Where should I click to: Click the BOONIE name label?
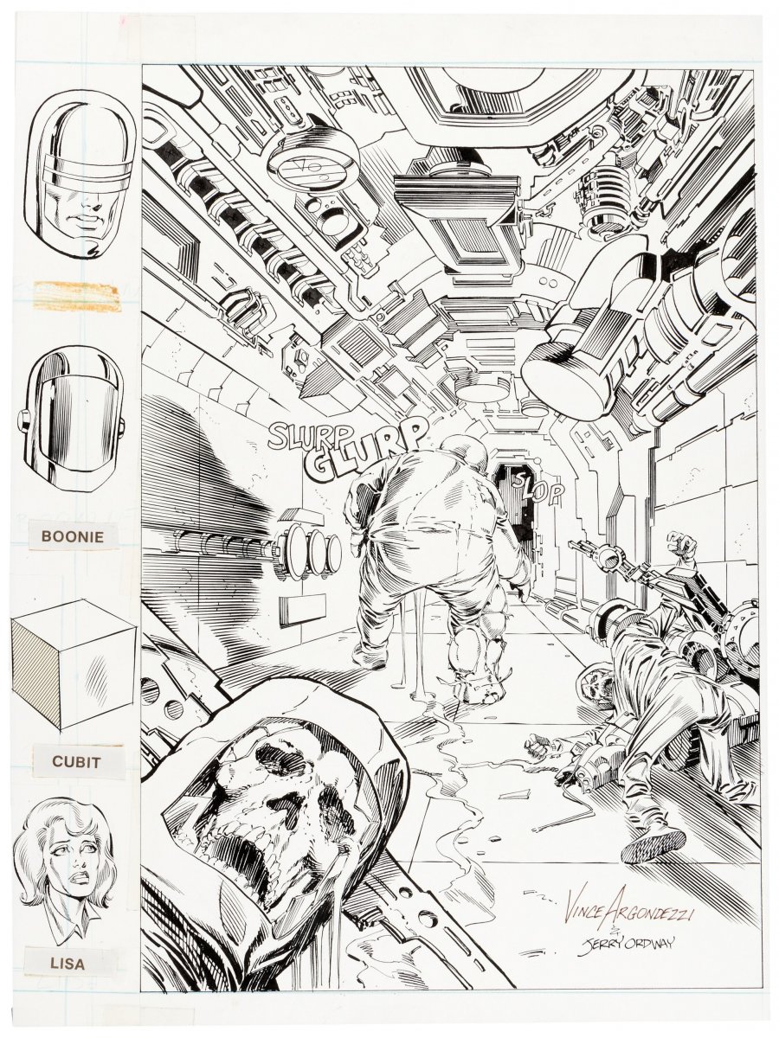[73, 537]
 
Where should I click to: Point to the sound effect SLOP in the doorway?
[538, 488]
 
